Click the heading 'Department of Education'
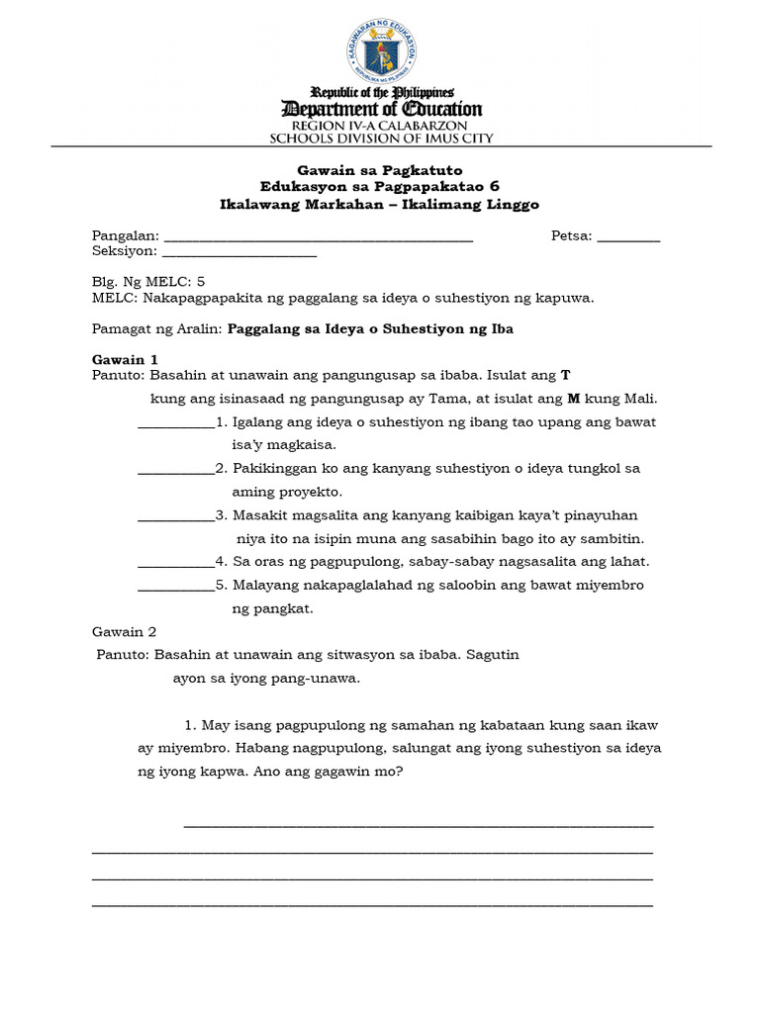pyautogui.click(x=382, y=109)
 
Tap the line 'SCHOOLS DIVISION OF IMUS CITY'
pyautogui.click(x=382, y=139)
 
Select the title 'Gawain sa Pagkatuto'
pyautogui.click(x=380, y=170)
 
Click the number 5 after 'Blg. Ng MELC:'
pyautogui.click(x=201, y=281)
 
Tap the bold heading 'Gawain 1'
pyautogui.click(x=125, y=360)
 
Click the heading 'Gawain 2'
pyautogui.click(x=125, y=631)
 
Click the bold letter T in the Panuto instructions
pyautogui.click(x=566, y=376)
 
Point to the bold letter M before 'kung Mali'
pyautogui.click(x=572, y=399)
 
